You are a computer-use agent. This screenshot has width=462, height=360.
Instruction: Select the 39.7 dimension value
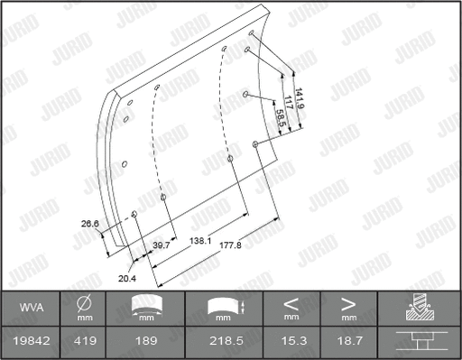(162, 245)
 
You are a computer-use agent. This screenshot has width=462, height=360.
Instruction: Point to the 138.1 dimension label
(201, 242)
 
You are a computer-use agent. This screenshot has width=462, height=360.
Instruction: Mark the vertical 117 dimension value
(290, 102)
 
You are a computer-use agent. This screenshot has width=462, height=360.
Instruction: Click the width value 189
(146, 341)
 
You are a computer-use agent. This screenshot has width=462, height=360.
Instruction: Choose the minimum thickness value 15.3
(291, 341)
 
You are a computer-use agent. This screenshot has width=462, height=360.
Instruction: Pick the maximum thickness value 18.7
(348, 341)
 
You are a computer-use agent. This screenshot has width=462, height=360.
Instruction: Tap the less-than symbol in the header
(291, 304)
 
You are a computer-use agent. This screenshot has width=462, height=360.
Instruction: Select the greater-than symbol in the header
(348, 304)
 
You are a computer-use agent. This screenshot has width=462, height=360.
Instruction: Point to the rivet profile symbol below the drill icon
(420, 341)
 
